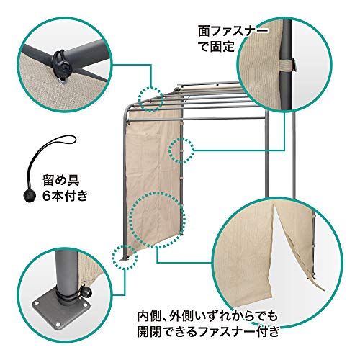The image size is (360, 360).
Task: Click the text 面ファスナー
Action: (x=233, y=32)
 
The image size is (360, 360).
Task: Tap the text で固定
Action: (x=217, y=47)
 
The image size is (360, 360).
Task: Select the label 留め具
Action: (x=61, y=180)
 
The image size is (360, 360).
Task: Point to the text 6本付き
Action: (x=65, y=196)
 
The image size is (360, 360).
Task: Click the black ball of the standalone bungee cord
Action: (x=30, y=197)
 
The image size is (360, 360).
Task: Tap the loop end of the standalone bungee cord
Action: (x=66, y=140)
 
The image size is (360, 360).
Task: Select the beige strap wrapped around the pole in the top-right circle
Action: (x=288, y=66)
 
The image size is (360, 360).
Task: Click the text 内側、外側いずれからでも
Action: (x=207, y=317)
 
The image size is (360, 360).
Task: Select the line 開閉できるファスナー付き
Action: (x=209, y=333)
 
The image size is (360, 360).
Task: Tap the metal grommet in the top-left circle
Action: (x=63, y=82)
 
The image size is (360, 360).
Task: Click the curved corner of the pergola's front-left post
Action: (x=127, y=111)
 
